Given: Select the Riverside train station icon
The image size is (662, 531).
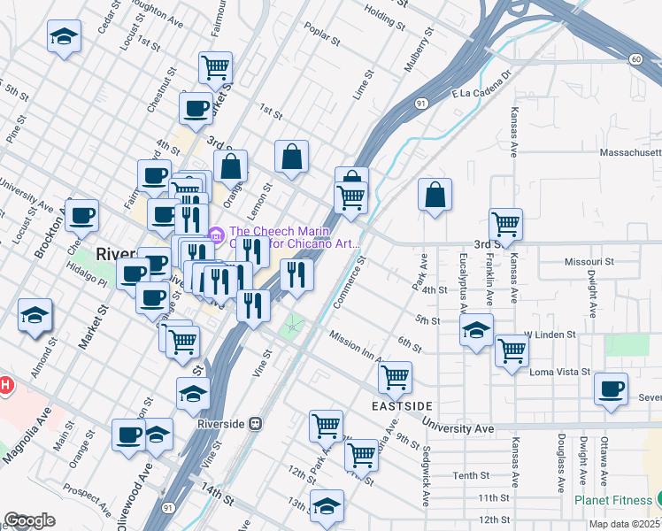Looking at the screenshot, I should click(256, 424).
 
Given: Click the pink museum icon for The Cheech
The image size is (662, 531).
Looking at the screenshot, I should click(215, 235).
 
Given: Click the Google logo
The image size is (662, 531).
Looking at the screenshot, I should click(29, 520).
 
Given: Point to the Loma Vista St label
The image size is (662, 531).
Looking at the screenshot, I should click(558, 373).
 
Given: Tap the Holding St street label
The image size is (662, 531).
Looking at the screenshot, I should click(384, 15).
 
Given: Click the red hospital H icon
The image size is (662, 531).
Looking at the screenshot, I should click(4, 386).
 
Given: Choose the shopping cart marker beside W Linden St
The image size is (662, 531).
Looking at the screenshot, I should click(512, 351).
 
